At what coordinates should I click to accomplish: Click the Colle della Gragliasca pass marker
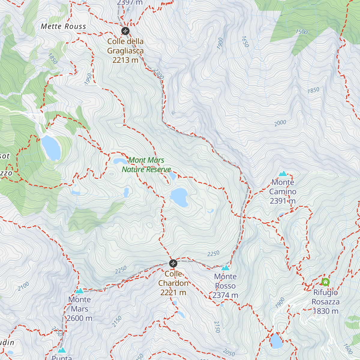(x=125, y=31)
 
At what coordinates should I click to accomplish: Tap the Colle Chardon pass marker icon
(x=173, y=263)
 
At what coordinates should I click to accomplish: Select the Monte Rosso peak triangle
(x=225, y=268)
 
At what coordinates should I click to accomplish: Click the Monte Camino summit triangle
(x=283, y=173)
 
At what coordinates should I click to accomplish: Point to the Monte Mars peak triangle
(x=79, y=291)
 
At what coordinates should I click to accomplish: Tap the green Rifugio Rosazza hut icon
(x=325, y=282)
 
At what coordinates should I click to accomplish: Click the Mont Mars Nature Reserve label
(x=146, y=165)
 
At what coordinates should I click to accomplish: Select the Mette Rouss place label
(x=63, y=26)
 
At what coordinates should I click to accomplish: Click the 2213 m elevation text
(x=125, y=60)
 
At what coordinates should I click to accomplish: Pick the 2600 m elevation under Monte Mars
(x=79, y=318)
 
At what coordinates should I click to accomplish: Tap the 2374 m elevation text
(x=225, y=295)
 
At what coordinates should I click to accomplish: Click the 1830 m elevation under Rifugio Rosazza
(x=326, y=311)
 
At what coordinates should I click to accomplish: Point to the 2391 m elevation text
(x=283, y=201)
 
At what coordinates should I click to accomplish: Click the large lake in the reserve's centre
(x=179, y=197)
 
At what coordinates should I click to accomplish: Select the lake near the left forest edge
(x=51, y=148)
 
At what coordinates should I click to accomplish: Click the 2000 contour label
(x=280, y=123)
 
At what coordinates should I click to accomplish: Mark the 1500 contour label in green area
(x=301, y=32)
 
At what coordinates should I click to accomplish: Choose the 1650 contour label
(x=245, y=42)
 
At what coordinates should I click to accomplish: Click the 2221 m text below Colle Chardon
(x=173, y=292)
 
